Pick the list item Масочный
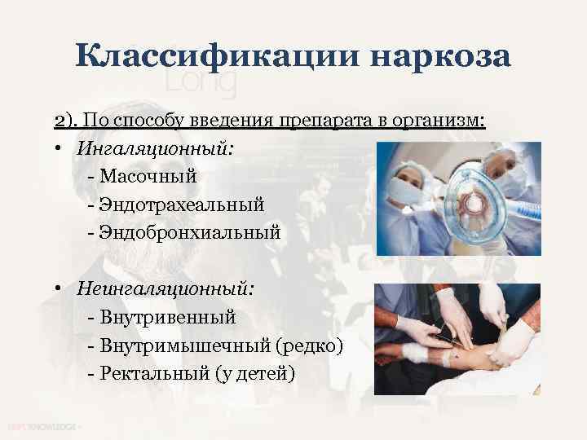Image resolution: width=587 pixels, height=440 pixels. (148, 176)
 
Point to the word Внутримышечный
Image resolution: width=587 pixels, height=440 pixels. (184, 345)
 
